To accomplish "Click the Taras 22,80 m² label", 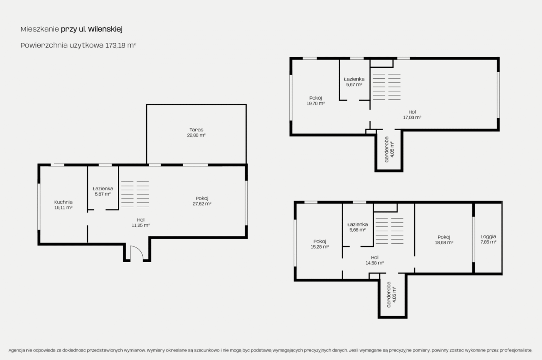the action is pyautogui.click(x=196, y=132).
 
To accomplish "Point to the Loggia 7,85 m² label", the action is pyautogui.click(x=488, y=239).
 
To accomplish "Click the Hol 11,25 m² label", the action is pyautogui.click(x=141, y=222).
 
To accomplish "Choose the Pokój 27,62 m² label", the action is pyautogui.click(x=202, y=201).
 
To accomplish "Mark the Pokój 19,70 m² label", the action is pyautogui.click(x=315, y=100).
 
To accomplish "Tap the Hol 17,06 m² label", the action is pyautogui.click(x=412, y=115).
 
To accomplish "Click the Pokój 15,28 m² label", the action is pyautogui.click(x=320, y=244).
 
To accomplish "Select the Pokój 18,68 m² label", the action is pyautogui.click(x=444, y=240).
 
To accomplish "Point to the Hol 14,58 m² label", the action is pyautogui.click(x=375, y=260).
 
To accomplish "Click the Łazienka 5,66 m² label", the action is pyautogui.click(x=358, y=227).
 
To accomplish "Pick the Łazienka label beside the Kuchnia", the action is pyautogui.click(x=103, y=191).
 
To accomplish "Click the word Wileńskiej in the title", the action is pyautogui.click(x=105, y=29).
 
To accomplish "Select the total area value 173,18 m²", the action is pyautogui.click(x=121, y=45).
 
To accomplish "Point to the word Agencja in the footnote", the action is pyautogui.click(x=17, y=350).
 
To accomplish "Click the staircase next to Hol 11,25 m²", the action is pyautogui.click(x=135, y=194).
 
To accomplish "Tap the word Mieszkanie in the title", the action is pyautogui.click(x=40, y=29).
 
